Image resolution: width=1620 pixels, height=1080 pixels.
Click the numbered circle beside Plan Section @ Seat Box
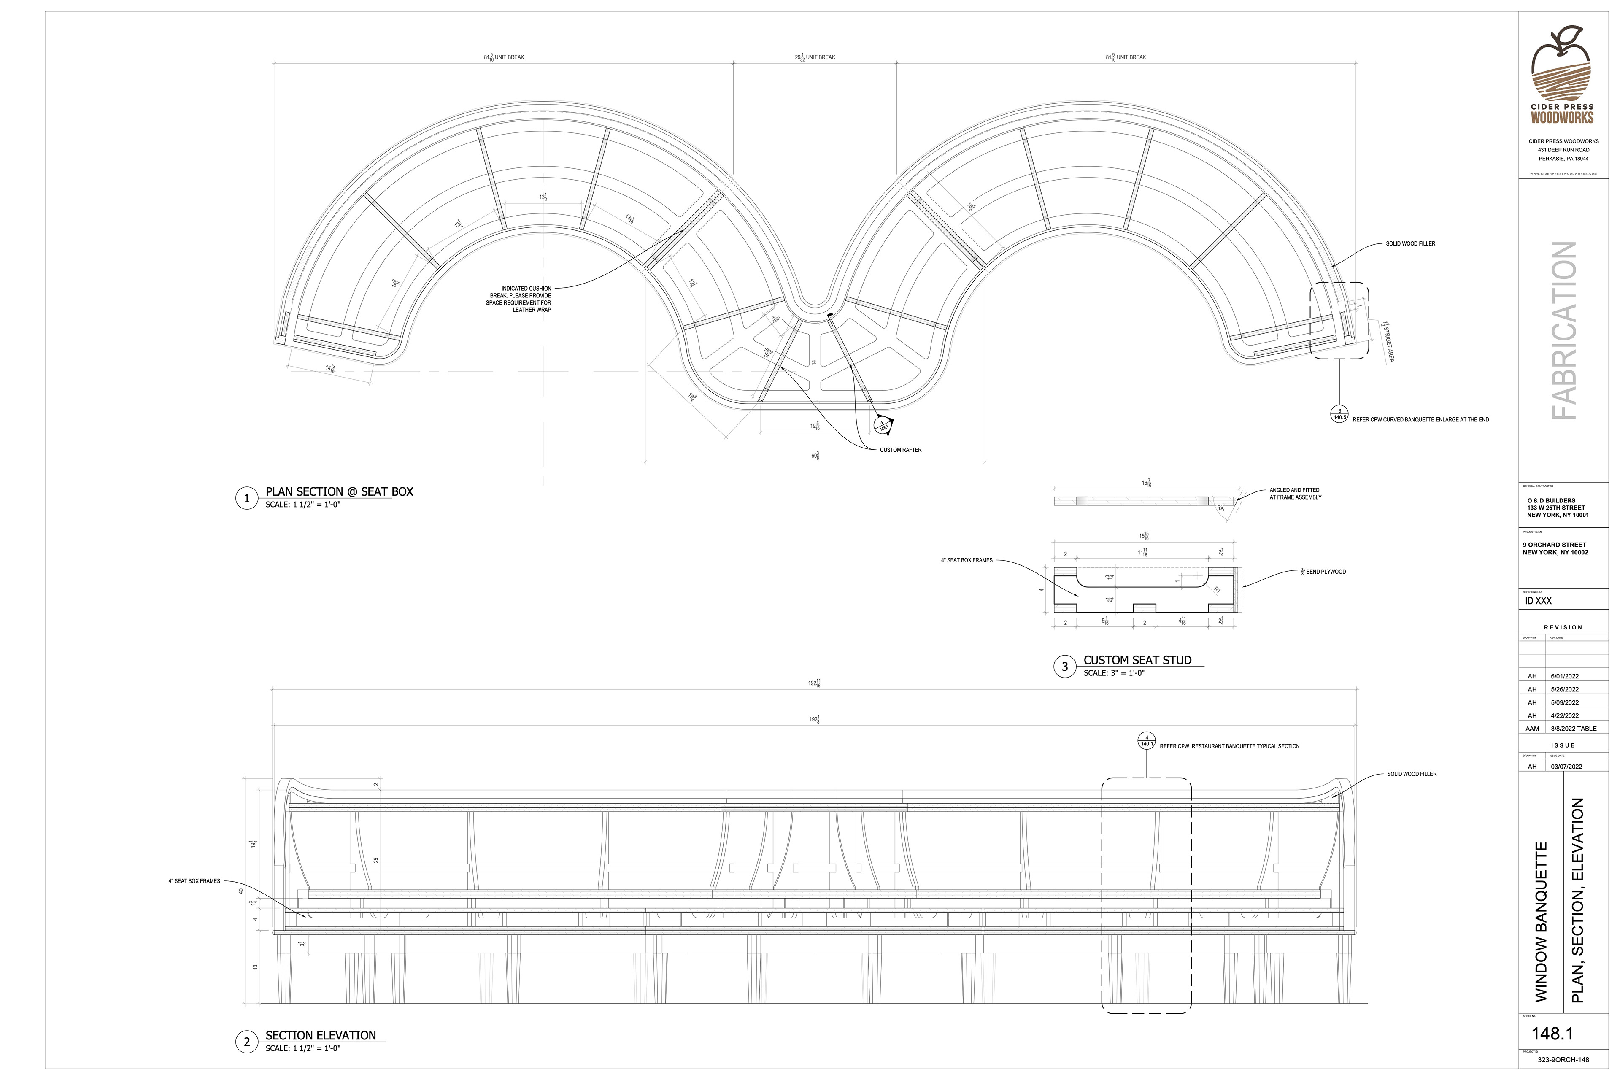246,498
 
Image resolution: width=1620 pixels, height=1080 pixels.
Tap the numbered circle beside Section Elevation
246,1042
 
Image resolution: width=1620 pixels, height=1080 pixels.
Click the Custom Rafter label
900,450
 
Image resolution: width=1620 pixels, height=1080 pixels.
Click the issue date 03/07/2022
1566,767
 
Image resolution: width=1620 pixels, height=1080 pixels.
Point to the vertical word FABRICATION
1563,331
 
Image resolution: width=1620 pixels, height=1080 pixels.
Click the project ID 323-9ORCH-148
1563,1060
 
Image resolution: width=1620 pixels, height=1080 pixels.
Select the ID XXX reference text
1538,601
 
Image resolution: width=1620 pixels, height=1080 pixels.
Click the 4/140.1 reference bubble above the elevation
1146,741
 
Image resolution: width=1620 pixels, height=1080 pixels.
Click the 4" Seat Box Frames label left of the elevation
194,881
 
